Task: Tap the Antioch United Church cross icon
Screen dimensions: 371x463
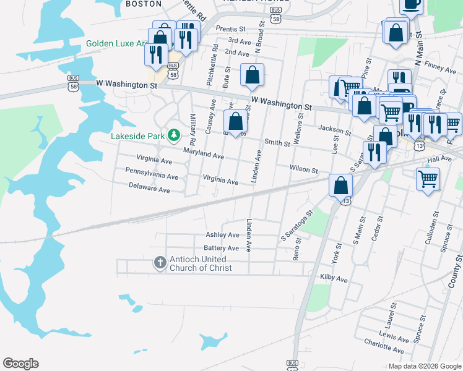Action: click(x=160, y=263)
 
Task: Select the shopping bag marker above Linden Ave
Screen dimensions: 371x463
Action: click(x=236, y=121)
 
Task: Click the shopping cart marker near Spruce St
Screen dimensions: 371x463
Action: click(x=429, y=178)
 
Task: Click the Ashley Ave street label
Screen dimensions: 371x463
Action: click(x=222, y=235)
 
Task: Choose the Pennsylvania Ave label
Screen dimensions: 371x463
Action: click(x=152, y=177)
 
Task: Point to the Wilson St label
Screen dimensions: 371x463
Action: click(x=303, y=169)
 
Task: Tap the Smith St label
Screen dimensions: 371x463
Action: click(x=277, y=143)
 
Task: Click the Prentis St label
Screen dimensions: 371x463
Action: click(x=231, y=29)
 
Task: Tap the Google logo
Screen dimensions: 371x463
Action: click(x=20, y=364)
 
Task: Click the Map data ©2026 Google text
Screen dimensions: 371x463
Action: click(x=424, y=366)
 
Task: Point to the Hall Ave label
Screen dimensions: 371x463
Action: click(x=439, y=159)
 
